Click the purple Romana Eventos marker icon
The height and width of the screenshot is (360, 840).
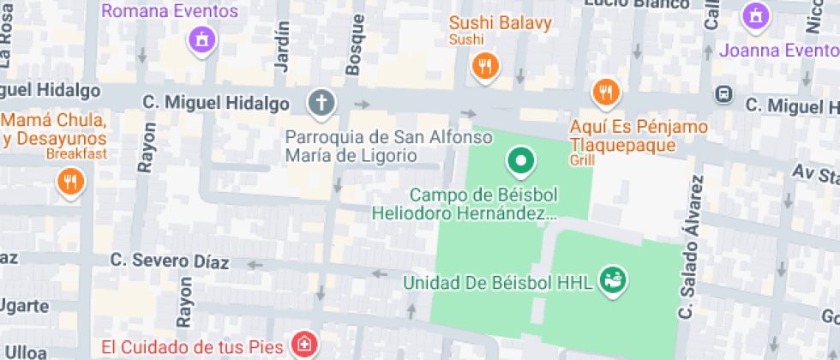(x=201, y=39)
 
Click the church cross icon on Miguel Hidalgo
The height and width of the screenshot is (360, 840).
(x=321, y=104)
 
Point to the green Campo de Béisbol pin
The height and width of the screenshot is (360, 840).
(x=520, y=160)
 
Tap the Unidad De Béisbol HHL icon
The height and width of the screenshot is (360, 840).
(x=614, y=279)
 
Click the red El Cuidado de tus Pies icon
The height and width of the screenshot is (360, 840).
(x=303, y=346)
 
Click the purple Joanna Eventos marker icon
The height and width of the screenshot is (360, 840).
(x=757, y=15)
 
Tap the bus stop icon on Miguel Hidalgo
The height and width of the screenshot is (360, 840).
(x=724, y=93)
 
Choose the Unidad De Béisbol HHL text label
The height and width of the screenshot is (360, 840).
(x=498, y=282)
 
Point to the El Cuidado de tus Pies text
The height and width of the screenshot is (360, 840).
(x=193, y=347)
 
